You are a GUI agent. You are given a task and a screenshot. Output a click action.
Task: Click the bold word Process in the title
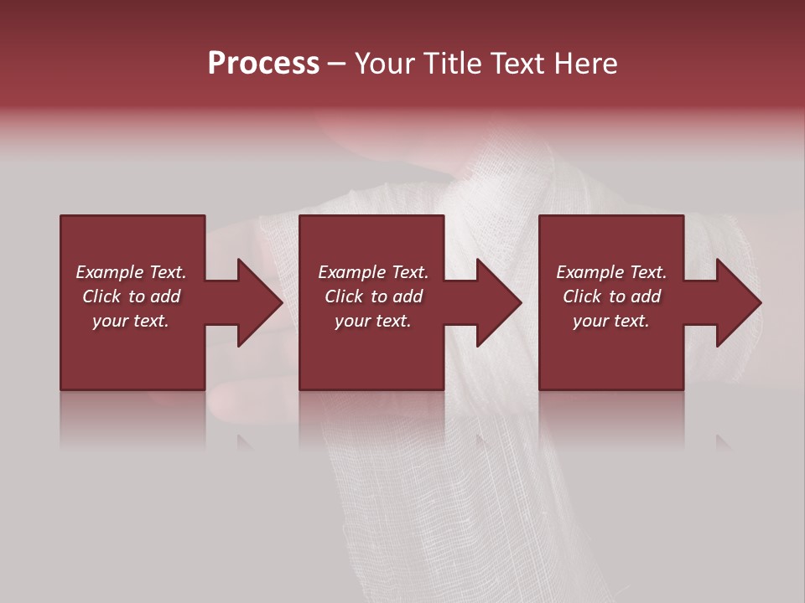coord(263,64)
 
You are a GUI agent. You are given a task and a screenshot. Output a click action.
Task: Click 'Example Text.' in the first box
coord(131,272)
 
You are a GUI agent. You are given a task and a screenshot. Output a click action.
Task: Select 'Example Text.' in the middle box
coord(373,272)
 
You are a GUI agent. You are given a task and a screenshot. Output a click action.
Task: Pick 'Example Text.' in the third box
coord(611,272)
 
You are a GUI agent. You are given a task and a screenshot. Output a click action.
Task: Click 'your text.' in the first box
coord(131,321)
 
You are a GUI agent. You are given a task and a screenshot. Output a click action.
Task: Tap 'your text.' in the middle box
coord(373,321)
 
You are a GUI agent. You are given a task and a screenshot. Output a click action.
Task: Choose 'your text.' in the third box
coord(611,321)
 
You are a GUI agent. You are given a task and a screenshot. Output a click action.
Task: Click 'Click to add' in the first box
coord(131,296)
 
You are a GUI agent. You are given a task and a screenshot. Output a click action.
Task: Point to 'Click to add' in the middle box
coord(373,296)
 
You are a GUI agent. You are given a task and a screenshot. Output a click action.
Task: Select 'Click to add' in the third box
coord(611,296)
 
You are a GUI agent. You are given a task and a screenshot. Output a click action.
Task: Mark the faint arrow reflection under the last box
coord(724,441)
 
